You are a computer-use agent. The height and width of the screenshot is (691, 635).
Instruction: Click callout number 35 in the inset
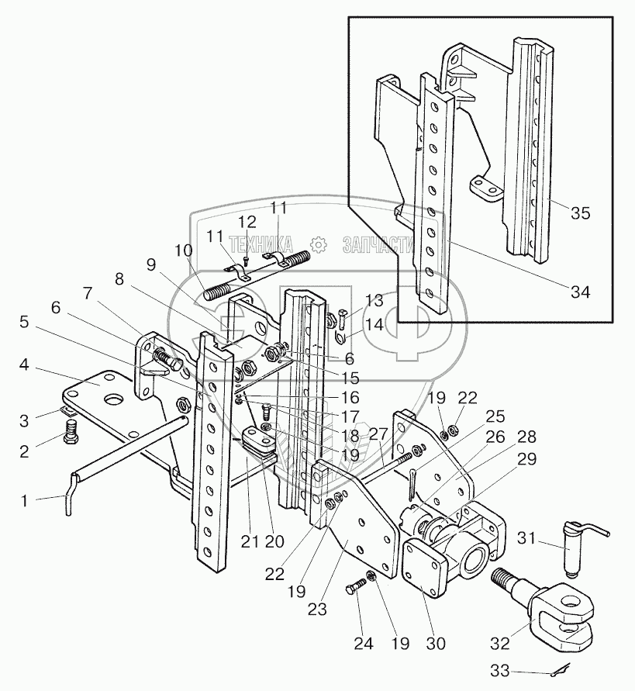tap(580, 213)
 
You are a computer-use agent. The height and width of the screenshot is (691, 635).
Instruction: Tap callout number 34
tap(580, 292)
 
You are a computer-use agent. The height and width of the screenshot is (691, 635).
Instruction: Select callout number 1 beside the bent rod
tap(25, 501)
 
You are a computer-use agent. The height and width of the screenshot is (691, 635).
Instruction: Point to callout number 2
tap(25, 451)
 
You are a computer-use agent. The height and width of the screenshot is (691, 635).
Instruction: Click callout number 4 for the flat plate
tap(24, 365)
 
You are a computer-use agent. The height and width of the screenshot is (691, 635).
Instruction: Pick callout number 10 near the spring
tap(183, 250)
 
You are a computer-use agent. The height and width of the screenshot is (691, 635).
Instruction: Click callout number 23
tap(317, 610)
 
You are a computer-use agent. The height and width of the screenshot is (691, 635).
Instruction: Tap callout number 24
tap(364, 644)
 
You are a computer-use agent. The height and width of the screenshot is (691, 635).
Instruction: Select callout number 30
tap(437, 644)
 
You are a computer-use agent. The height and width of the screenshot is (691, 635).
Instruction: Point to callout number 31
tap(526, 538)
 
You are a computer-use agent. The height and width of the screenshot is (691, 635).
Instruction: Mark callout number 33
tap(500, 671)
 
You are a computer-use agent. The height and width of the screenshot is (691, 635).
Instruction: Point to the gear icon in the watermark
tap(317, 244)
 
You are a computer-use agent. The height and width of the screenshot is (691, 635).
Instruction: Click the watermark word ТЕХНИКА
tap(261, 244)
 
